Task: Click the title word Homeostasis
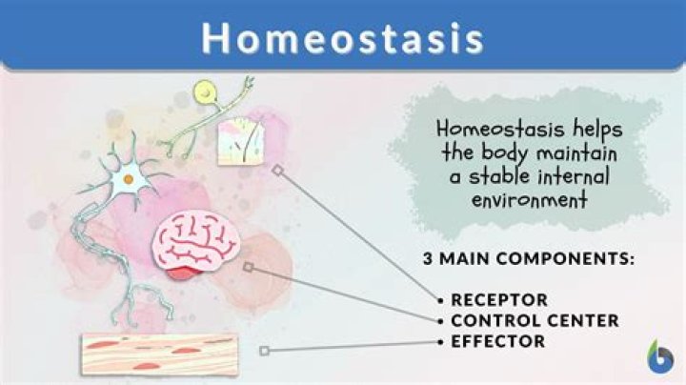pos(342,37)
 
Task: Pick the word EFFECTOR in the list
pos(497,340)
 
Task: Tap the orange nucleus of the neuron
pos(127,178)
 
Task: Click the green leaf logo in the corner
pos(659,355)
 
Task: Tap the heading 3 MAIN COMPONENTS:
pos(528,259)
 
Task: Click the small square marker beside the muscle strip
pos(265,351)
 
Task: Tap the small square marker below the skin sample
pos(276,172)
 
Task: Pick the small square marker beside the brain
pos(249,268)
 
